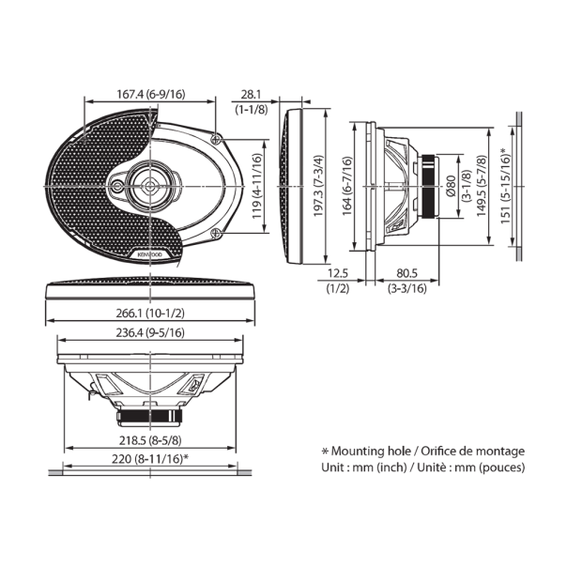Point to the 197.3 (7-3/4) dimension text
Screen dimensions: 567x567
317,186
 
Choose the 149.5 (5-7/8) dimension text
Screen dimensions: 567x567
482,186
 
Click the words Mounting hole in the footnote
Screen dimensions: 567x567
370,450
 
